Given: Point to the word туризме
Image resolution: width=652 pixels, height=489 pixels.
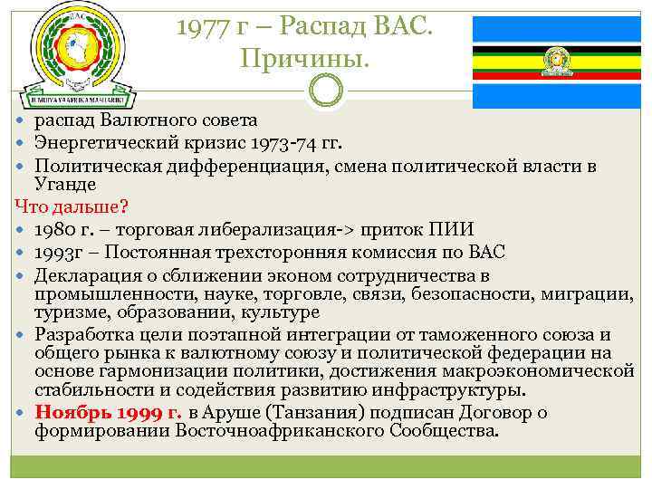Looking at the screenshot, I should [x=69, y=312].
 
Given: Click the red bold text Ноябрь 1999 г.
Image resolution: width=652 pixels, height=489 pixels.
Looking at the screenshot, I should [x=109, y=413].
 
